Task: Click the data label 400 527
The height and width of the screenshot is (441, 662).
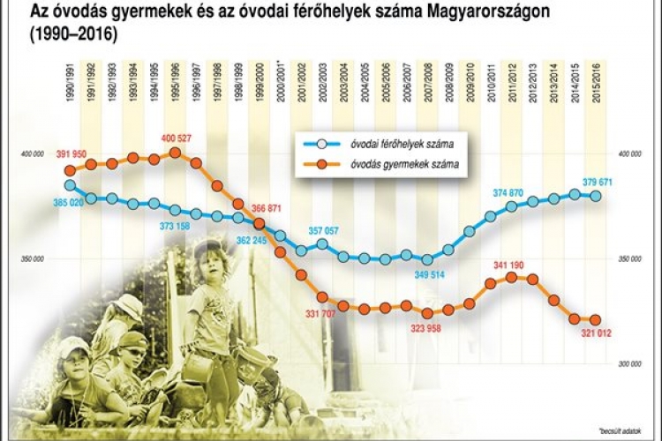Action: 182,138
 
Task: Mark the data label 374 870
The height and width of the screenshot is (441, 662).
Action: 515,192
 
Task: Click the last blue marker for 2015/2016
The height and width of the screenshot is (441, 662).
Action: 597,196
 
